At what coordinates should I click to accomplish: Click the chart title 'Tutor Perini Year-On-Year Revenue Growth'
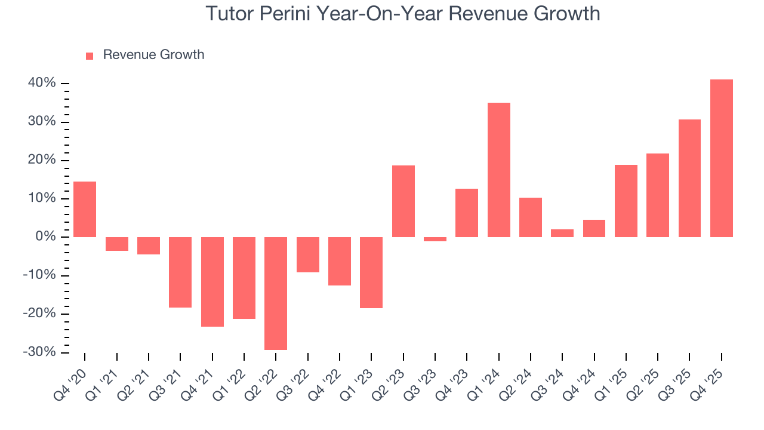click(403, 13)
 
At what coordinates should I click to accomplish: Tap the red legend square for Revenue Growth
click(90, 56)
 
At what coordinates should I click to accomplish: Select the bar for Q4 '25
click(721, 158)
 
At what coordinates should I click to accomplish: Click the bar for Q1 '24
click(498, 170)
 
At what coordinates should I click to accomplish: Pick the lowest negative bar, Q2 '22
click(276, 293)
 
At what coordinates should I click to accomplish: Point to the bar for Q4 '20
click(85, 209)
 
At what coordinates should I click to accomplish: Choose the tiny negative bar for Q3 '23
click(435, 239)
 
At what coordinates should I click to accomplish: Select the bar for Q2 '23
click(403, 201)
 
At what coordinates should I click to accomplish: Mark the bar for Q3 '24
click(562, 233)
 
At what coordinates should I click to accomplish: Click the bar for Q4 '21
click(212, 282)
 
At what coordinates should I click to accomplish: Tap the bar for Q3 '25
click(689, 178)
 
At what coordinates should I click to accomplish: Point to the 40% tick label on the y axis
click(42, 83)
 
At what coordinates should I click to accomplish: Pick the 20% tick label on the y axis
click(42, 160)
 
